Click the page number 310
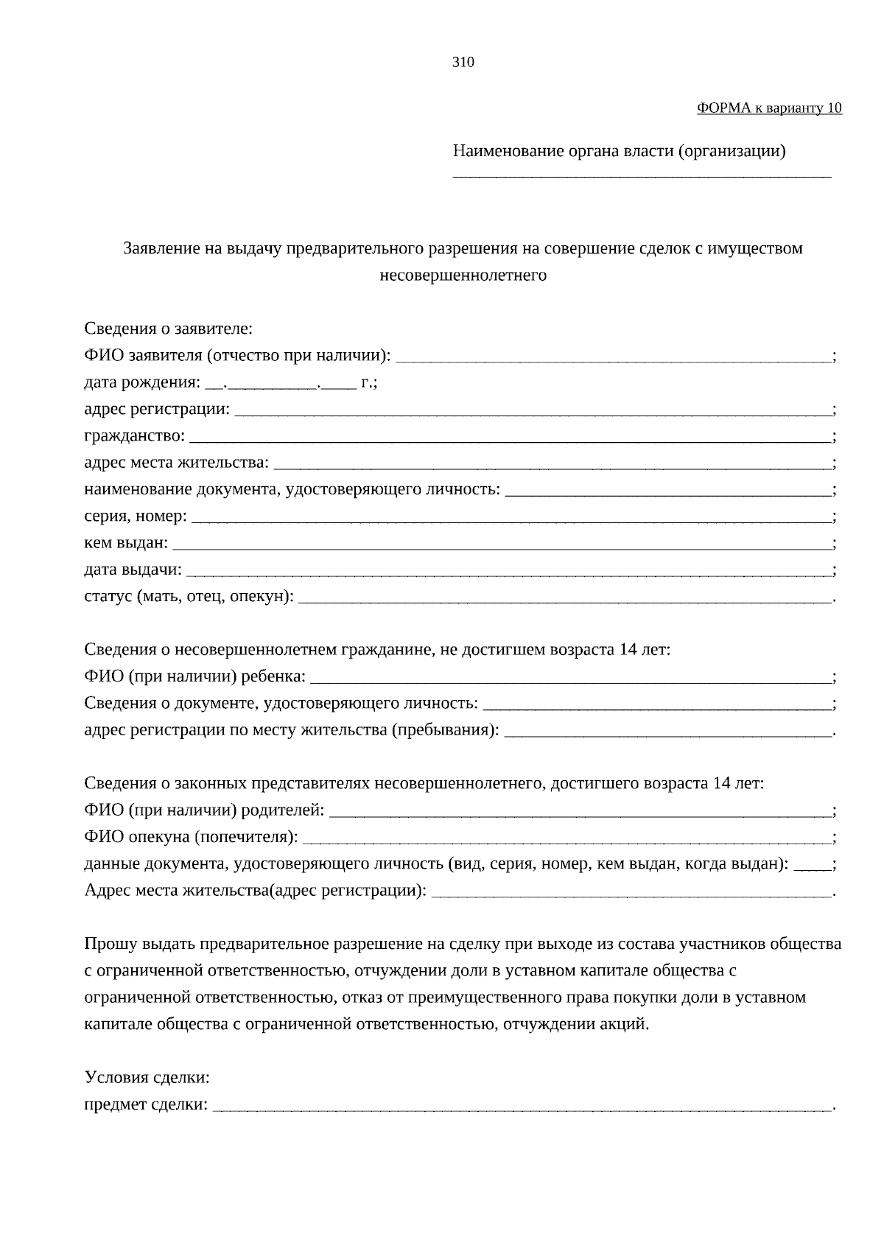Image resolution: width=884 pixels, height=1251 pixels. [463, 63]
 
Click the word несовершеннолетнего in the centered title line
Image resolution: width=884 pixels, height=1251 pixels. [463, 276]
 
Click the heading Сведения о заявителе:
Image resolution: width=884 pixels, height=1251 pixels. [168, 329]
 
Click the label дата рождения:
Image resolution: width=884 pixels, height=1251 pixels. [141, 383]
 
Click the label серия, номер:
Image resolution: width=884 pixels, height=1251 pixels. [136, 516]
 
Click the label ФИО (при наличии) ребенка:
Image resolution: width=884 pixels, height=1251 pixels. [194, 677]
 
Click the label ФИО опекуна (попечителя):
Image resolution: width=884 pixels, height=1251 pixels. [191, 838]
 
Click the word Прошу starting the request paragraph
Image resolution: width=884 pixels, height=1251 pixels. [108, 945]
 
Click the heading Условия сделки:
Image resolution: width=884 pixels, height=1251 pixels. [147, 1078]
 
